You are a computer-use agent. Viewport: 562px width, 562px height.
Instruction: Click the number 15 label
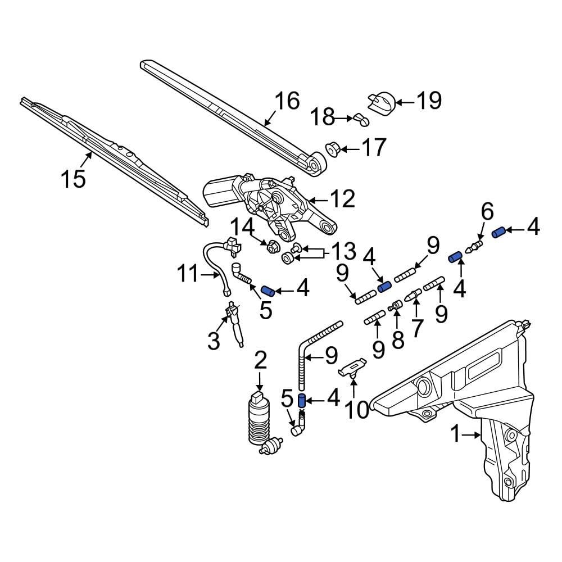(x=74, y=179)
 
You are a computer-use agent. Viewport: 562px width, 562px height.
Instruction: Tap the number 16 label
(x=287, y=101)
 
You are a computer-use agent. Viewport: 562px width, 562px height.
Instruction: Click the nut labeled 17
(x=332, y=150)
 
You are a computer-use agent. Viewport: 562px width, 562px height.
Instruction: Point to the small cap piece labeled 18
(x=360, y=119)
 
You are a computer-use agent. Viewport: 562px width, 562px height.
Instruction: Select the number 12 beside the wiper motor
(x=343, y=198)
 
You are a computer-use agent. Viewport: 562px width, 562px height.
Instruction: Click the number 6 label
(x=487, y=212)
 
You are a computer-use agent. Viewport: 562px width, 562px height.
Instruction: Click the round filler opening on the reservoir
(x=422, y=387)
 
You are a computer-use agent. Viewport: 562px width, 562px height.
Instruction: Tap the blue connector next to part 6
(x=498, y=232)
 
